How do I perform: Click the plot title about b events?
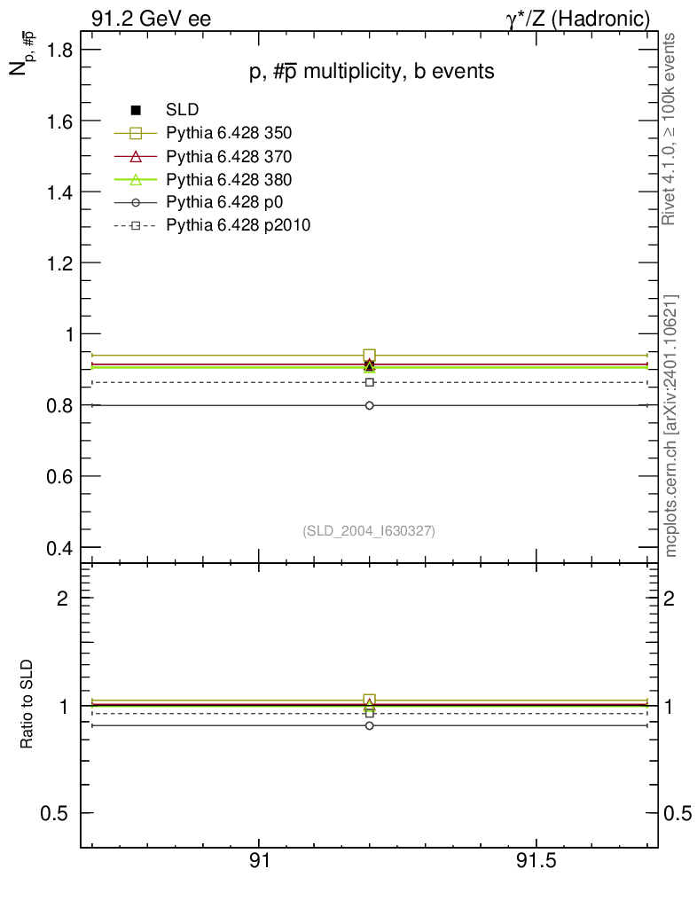click(371, 73)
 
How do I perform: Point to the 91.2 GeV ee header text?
click(151, 18)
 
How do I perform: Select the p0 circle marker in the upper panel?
click(369, 405)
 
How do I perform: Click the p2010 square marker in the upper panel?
click(369, 382)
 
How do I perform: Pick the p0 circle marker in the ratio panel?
click(369, 725)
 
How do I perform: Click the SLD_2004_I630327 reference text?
click(369, 530)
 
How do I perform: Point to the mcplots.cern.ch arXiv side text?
click(672, 426)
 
